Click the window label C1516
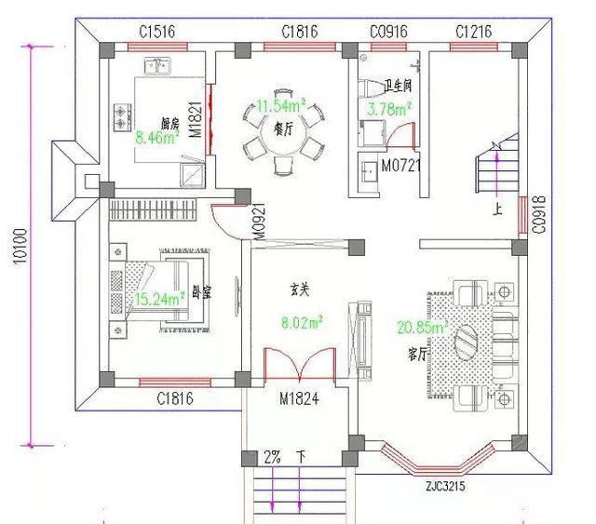point(158,32)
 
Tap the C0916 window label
point(388,32)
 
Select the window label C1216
point(474,32)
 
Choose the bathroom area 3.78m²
point(389,110)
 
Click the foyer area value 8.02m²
point(304,323)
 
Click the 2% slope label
point(272,458)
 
